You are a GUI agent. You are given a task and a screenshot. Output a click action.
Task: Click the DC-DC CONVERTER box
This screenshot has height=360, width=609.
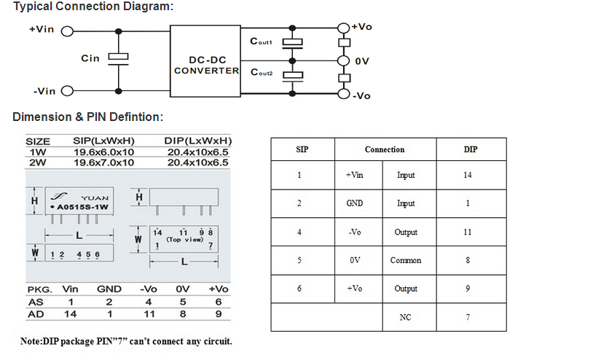click(x=205, y=61)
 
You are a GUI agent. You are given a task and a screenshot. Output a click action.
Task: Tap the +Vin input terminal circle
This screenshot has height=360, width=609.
click(x=68, y=31)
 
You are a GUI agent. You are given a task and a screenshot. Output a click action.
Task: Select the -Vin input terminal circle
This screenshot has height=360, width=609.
click(x=68, y=91)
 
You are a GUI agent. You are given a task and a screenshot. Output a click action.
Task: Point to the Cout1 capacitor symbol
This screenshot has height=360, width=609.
click(x=292, y=43)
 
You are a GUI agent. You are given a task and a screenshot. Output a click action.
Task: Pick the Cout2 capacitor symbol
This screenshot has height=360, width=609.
click(x=292, y=77)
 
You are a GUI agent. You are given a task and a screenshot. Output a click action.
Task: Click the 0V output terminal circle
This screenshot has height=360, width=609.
click(x=343, y=61)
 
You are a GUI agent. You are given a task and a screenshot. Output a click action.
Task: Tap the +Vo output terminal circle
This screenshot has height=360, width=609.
click(x=343, y=28)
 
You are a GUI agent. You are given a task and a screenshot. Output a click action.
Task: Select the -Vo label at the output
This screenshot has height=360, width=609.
click(x=361, y=96)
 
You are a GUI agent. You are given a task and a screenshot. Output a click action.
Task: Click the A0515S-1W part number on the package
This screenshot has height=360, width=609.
click(x=82, y=207)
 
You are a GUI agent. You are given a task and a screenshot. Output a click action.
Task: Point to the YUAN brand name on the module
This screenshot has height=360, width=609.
click(x=95, y=198)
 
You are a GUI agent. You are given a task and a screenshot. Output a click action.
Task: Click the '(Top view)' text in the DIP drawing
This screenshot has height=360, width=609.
click(x=185, y=240)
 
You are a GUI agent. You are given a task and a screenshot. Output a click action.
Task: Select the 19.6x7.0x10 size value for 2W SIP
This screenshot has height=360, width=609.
click(x=103, y=163)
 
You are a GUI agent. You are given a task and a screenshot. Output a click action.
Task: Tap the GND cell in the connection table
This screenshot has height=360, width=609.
click(x=355, y=203)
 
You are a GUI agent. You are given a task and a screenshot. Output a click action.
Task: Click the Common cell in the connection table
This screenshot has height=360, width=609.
click(x=406, y=260)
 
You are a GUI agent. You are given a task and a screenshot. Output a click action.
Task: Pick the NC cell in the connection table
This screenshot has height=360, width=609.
click(x=405, y=317)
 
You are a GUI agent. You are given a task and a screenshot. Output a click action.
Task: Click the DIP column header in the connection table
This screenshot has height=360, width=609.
click(x=471, y=149)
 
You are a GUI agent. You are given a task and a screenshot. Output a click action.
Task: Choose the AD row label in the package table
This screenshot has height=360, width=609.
click(x=36, y=314)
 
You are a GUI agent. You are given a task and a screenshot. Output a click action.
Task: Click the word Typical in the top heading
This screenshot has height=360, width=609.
click(x=33, y=7)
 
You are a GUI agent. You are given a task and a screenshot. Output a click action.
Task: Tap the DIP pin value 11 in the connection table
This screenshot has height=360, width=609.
click(x=468, y=232)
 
